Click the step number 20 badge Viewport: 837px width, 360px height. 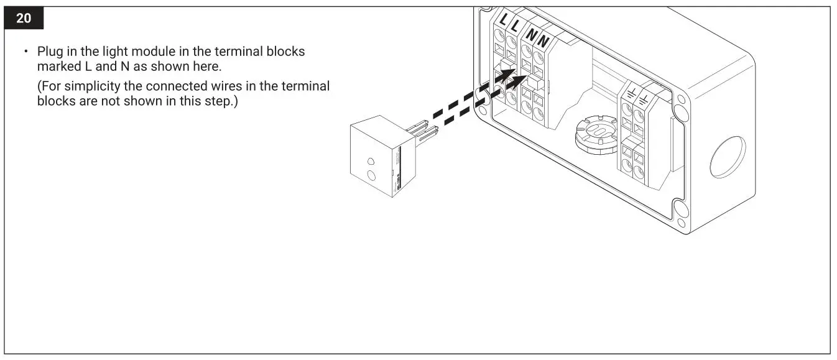tap(23, 19)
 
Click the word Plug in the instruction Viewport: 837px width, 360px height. tap(50, 52)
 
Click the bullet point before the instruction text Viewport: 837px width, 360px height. tap(26, 52)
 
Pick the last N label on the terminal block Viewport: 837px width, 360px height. tap(542, 42)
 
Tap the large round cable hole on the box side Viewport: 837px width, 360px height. tap(726, 157)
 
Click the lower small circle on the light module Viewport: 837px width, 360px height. tap(372, 175)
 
